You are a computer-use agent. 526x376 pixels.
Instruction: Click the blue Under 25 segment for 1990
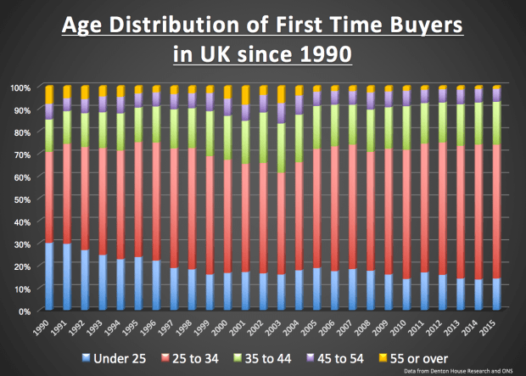pos(49,276)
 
